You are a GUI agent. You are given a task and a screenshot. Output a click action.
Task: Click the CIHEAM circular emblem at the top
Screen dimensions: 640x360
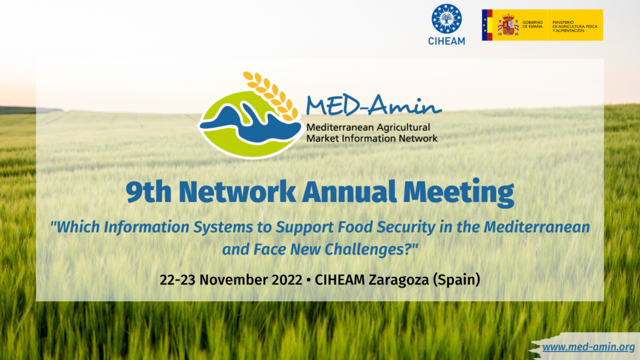(x=446, y=19)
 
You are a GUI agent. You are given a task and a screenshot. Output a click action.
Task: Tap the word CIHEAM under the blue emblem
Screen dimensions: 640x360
(x=446, y=41)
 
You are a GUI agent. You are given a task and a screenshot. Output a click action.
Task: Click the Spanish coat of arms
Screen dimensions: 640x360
(x=507, y=25)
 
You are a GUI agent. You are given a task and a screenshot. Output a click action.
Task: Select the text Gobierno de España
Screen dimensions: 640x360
(x=532, y=24)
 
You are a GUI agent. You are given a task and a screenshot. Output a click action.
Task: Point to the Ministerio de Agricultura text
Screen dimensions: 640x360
(x=575, y=26)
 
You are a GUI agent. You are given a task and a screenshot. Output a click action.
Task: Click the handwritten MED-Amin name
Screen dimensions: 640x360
(x=374, y=105)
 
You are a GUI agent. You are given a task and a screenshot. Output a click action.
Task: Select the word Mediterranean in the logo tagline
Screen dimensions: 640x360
(x=341, y=127)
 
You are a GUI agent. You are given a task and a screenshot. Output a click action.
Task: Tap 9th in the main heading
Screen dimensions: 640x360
(x=149, y=192)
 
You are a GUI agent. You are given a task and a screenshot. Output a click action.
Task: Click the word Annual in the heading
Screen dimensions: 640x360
(x=349, y=192)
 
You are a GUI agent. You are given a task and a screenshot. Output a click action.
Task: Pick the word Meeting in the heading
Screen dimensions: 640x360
(x=459, y=192)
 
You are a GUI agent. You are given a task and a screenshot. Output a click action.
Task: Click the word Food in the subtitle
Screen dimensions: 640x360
(x=355, y=227)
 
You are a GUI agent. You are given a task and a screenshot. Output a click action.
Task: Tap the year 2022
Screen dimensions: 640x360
(x=287, y=280)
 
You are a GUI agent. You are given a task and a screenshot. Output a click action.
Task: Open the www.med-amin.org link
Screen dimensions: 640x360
(x=589, y=347)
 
